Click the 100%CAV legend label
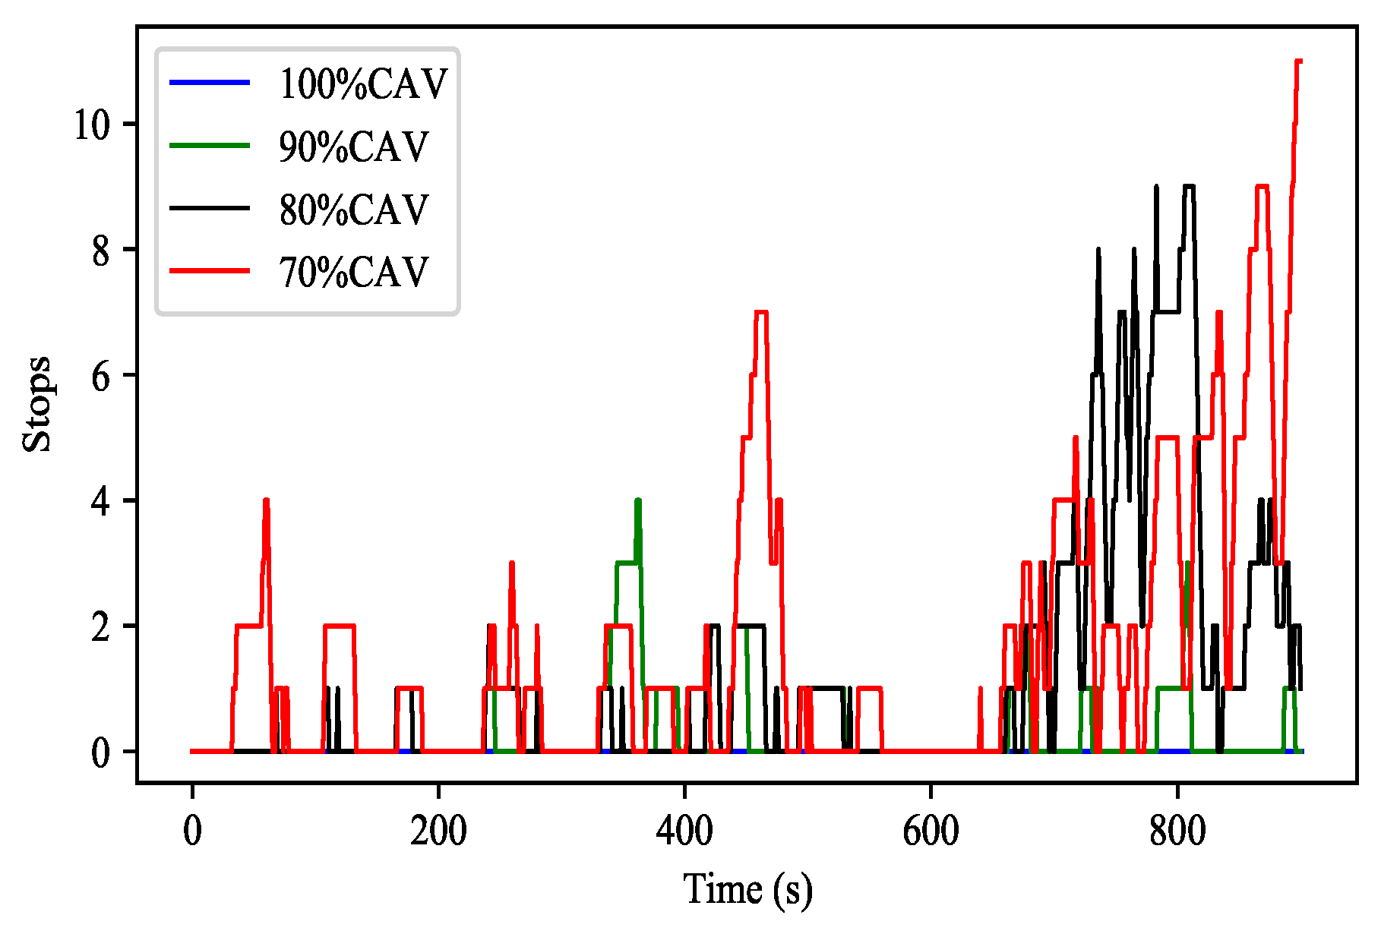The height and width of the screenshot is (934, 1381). (x=363, y=84)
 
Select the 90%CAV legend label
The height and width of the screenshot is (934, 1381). (x=353, y=147)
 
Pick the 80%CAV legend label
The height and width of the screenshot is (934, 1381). (x=353, y=210)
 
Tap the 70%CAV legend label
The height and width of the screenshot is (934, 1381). (x=353, y=272)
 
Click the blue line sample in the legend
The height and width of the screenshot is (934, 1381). (x=210, y=82)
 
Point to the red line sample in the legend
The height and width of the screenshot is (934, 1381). (x=210, y=270)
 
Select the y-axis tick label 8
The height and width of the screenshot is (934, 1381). (x=101, y=250)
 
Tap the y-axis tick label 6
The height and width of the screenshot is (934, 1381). (x=101, y=375)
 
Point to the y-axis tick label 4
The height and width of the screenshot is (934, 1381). (x=101, y=501)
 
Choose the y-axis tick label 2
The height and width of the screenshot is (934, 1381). (x=101, y=626)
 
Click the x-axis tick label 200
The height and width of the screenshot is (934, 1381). (x=438, y=831)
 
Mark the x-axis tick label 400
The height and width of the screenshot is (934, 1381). (x=684, y=831)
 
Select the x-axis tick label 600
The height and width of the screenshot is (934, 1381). (x=931, y=831)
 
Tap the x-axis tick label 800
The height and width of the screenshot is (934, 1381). (x=1177, y=831)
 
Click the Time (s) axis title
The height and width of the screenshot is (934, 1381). (x=747, y=889)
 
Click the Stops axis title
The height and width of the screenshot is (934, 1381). (x=36, y=404)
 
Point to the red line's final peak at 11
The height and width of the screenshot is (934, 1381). (x=1298, y=62)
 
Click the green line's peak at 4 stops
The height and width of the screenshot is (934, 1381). (x=638, y=501)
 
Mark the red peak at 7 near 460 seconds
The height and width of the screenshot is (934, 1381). (x=761, y=312)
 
